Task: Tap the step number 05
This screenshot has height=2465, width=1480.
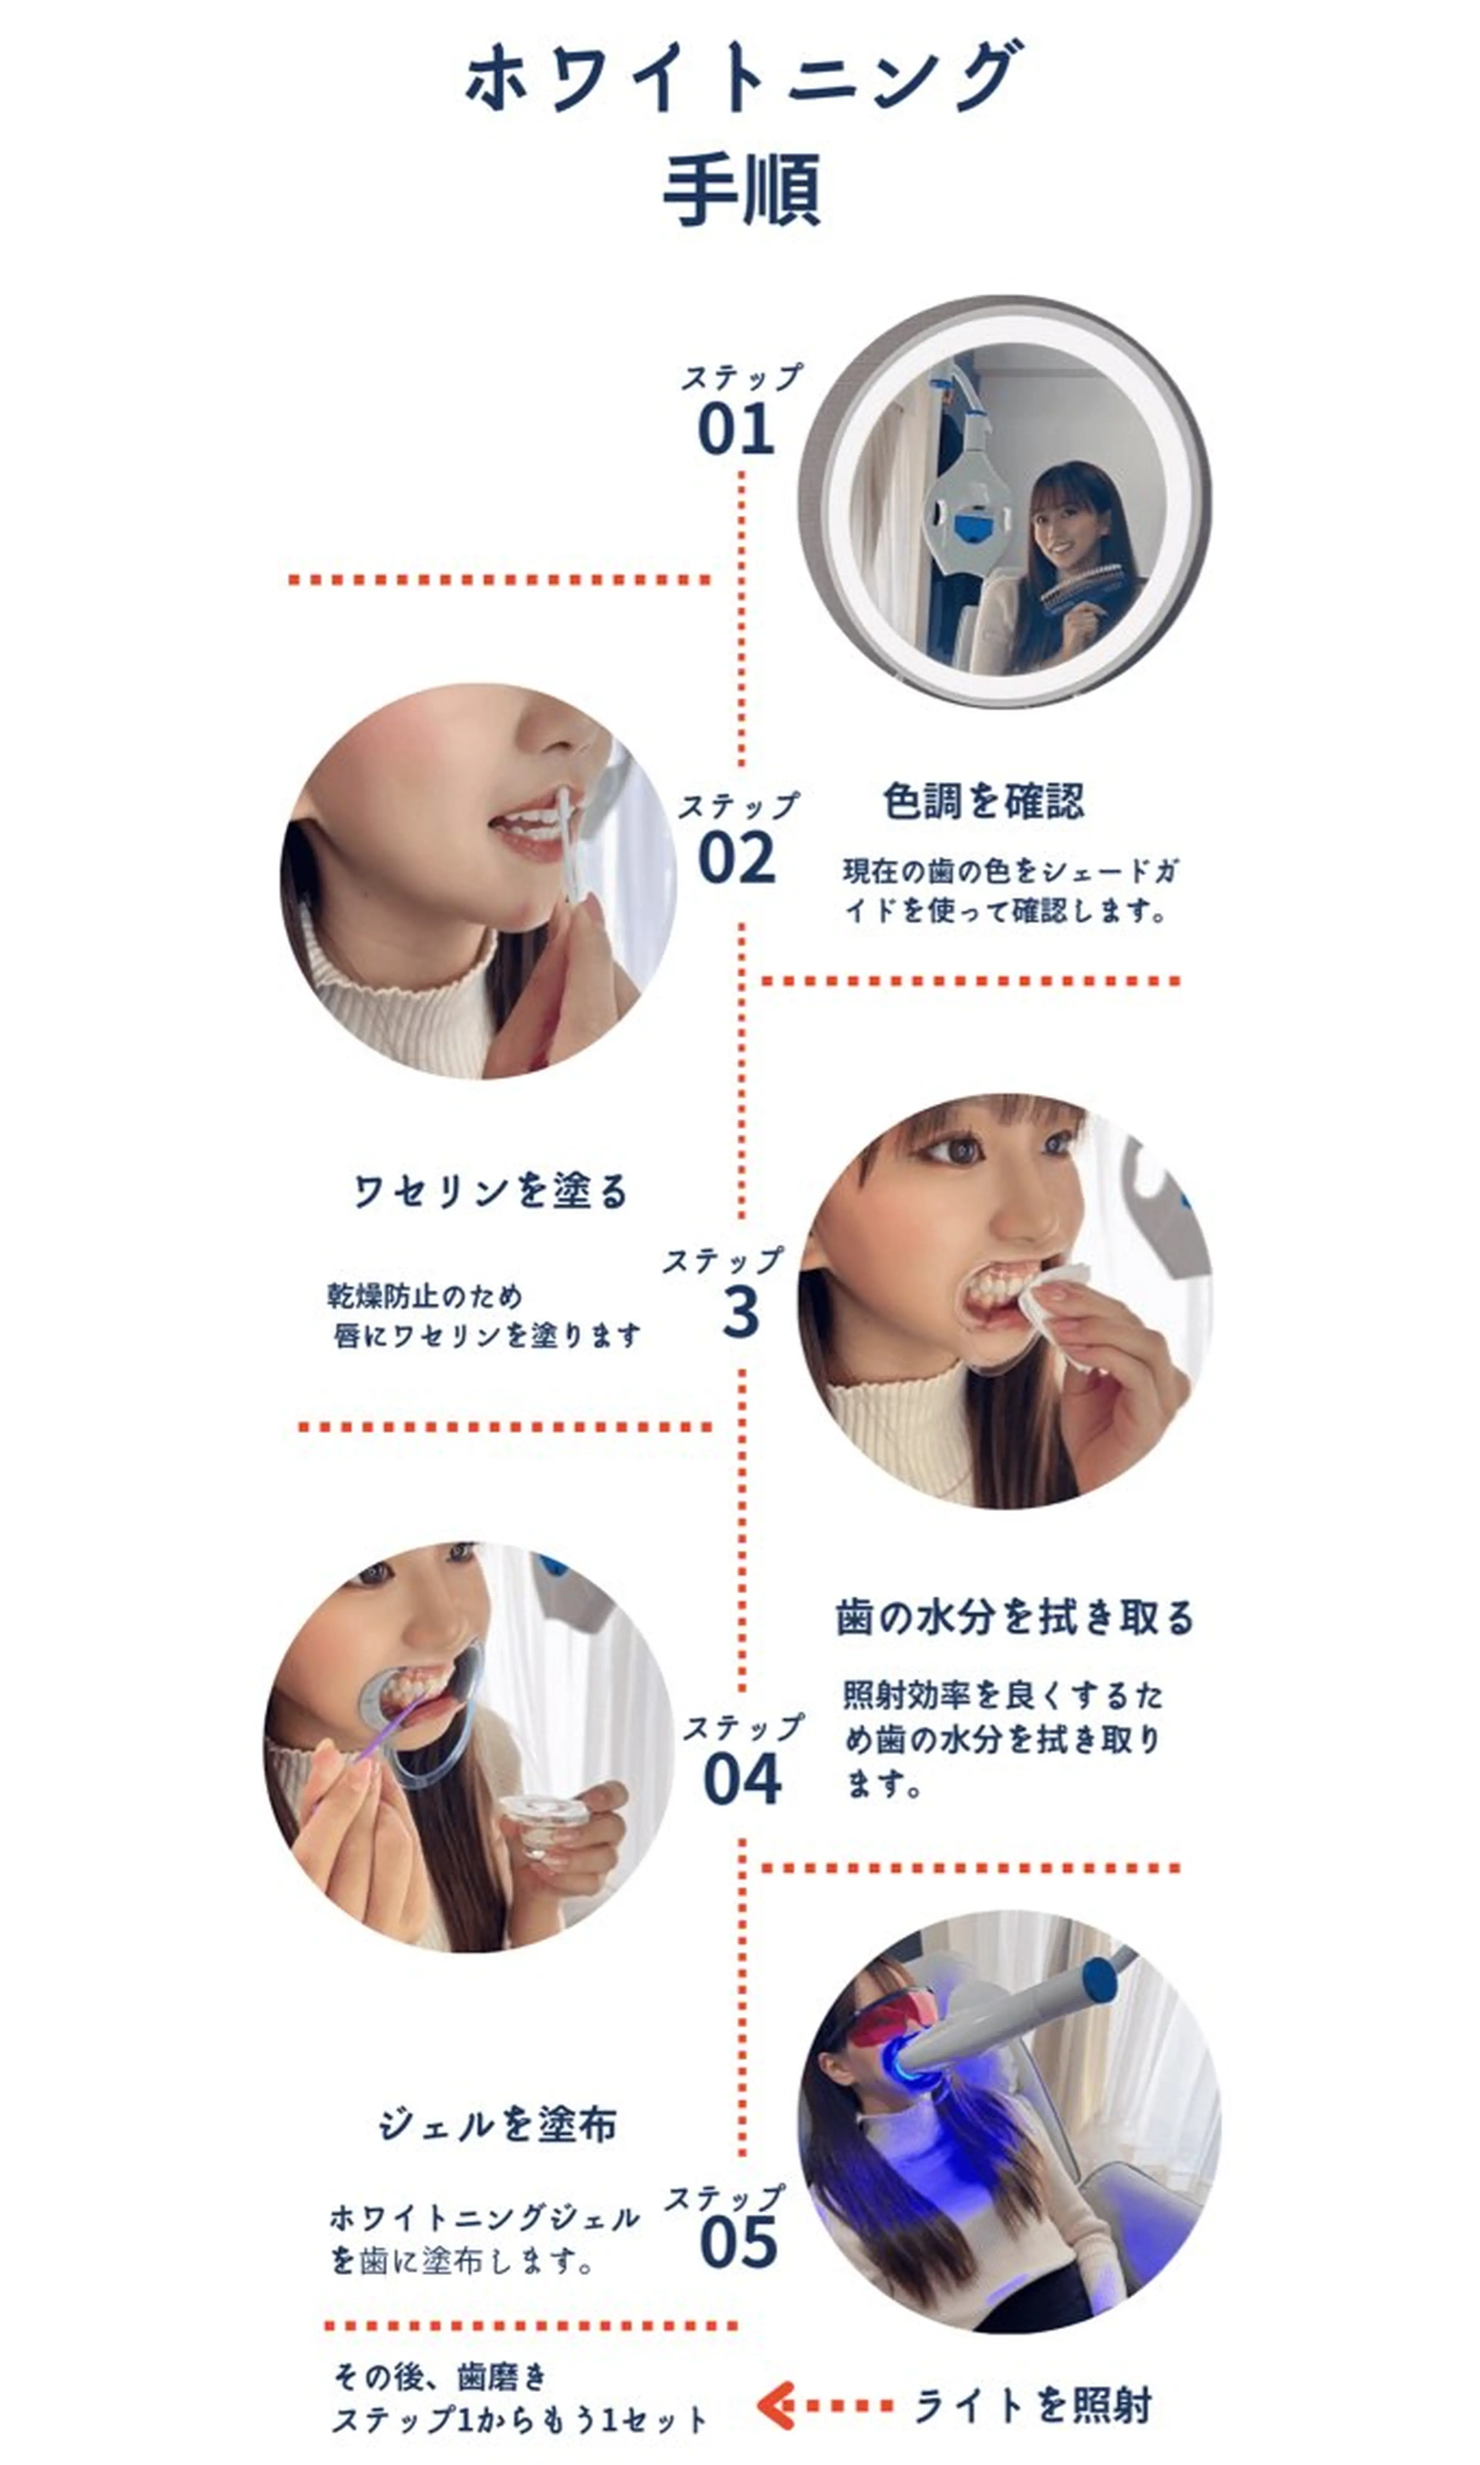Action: point(738,2244)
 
